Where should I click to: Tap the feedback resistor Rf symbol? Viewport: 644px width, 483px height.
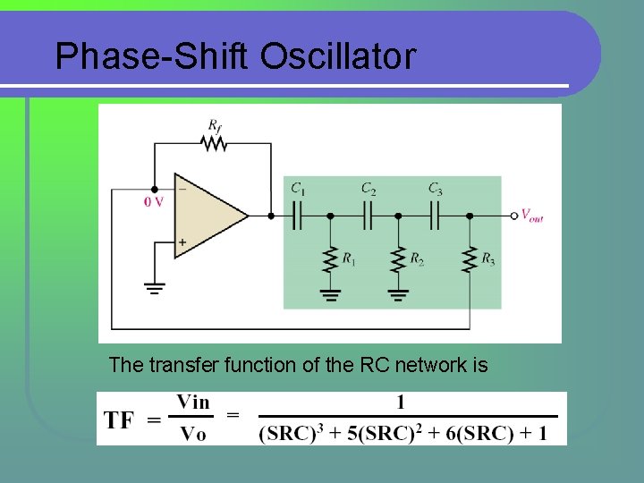pyautogui.click(x=215, y=143)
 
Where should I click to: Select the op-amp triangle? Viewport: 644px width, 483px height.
pyautogui.click(x=208, y=216)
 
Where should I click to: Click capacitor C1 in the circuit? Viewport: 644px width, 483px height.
pyautogui.click(x=299, y=216)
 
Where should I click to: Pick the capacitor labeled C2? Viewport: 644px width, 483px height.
pyautogui.click(x=367, y=216)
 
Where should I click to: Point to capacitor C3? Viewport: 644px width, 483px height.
pyautogui.click(x=435, y=216)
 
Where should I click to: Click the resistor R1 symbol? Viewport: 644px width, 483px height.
pyautogui.click(x=330, y=259)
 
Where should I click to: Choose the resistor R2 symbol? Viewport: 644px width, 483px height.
pyautogui.click(x=398, y=259)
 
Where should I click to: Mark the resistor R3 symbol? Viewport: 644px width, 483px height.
pyautogui.click(x=469, y=259)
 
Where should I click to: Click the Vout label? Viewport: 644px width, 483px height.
pyautogui.click(x=532, y=216)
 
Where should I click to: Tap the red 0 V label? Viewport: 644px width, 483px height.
pyautogui.click(x=154, y=202)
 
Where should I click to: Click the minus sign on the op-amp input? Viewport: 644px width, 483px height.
pyautogui.click(x=182, y=189)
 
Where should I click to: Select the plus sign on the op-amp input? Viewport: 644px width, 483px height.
pyautogui.click(x=182, y=241)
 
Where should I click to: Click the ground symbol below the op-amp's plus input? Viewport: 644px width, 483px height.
pyautogui.click(x=154, y=288)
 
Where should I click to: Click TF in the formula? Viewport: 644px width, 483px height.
pyautogui.click(x=120, y=419)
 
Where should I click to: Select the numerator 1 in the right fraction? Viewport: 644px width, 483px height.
pyautogui.click(x=401, y=403)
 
